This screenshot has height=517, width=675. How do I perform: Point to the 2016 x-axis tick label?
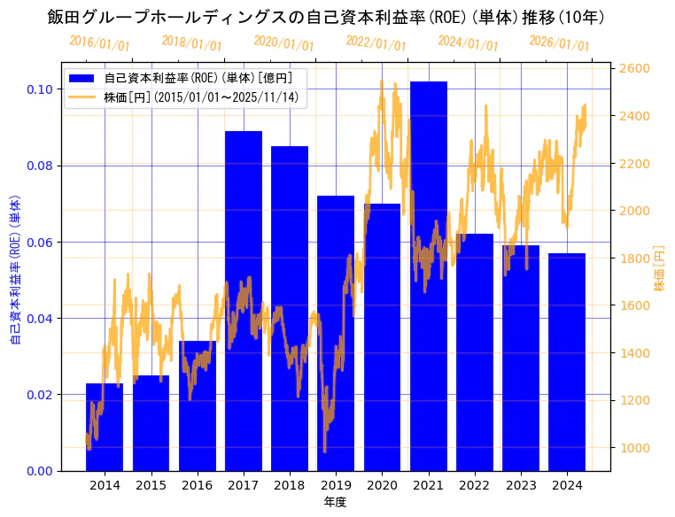click(197, 485)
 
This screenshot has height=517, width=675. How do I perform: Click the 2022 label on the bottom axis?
click(475, 485)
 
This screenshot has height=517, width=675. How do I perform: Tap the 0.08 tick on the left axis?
click(38, 166)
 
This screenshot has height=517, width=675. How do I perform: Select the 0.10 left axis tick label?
click(38, 89)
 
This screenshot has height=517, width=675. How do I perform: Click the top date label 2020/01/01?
click(283, 42)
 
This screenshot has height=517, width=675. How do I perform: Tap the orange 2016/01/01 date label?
click(99, 42)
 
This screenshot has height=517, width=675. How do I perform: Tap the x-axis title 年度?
click(335, 502)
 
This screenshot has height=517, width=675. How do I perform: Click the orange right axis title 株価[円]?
click(659, 268)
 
